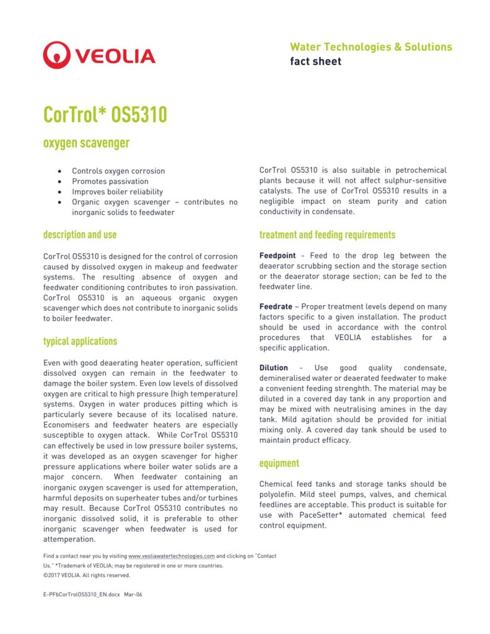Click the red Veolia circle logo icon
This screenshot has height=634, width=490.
pyautogui.click(x=56, y=55)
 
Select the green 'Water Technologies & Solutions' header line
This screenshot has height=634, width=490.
pyautogui.click(x=370, y=47)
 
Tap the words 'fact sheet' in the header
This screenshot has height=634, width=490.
pyautogui.click(x=315, y=61)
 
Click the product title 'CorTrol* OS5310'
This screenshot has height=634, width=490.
pyautogui.click(x=105, y=115)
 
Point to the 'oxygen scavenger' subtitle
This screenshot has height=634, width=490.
pyautogui.click(x=86, y=143)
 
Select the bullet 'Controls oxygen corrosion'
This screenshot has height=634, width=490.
pyautogui.click(x=118, y=171)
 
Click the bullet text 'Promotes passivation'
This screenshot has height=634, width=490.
pyautogui.click(x=110, y=181)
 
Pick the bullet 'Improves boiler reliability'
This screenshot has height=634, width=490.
pyautogui.click(x=117, y=192)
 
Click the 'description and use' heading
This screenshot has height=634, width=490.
pyautogui.click(x=79, y=235)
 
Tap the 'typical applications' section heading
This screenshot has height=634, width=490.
pyautogui.click(x=80, y=341)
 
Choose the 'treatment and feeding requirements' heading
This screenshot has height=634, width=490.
pyautogui.click(x=327, y=235)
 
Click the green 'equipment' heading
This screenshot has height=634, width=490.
pyautogui.click(x=279, y=463)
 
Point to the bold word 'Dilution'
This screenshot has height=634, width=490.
pyautogui.click(x=273, y=368)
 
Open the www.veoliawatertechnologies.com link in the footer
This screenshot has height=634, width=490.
pyautogui.click(x=171, y=556)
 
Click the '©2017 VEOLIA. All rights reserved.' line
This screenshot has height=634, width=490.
pyautogui.click(x=87, y=575)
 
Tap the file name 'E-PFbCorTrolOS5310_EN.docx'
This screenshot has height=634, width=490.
pyautogui.click(x=81, y=594)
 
